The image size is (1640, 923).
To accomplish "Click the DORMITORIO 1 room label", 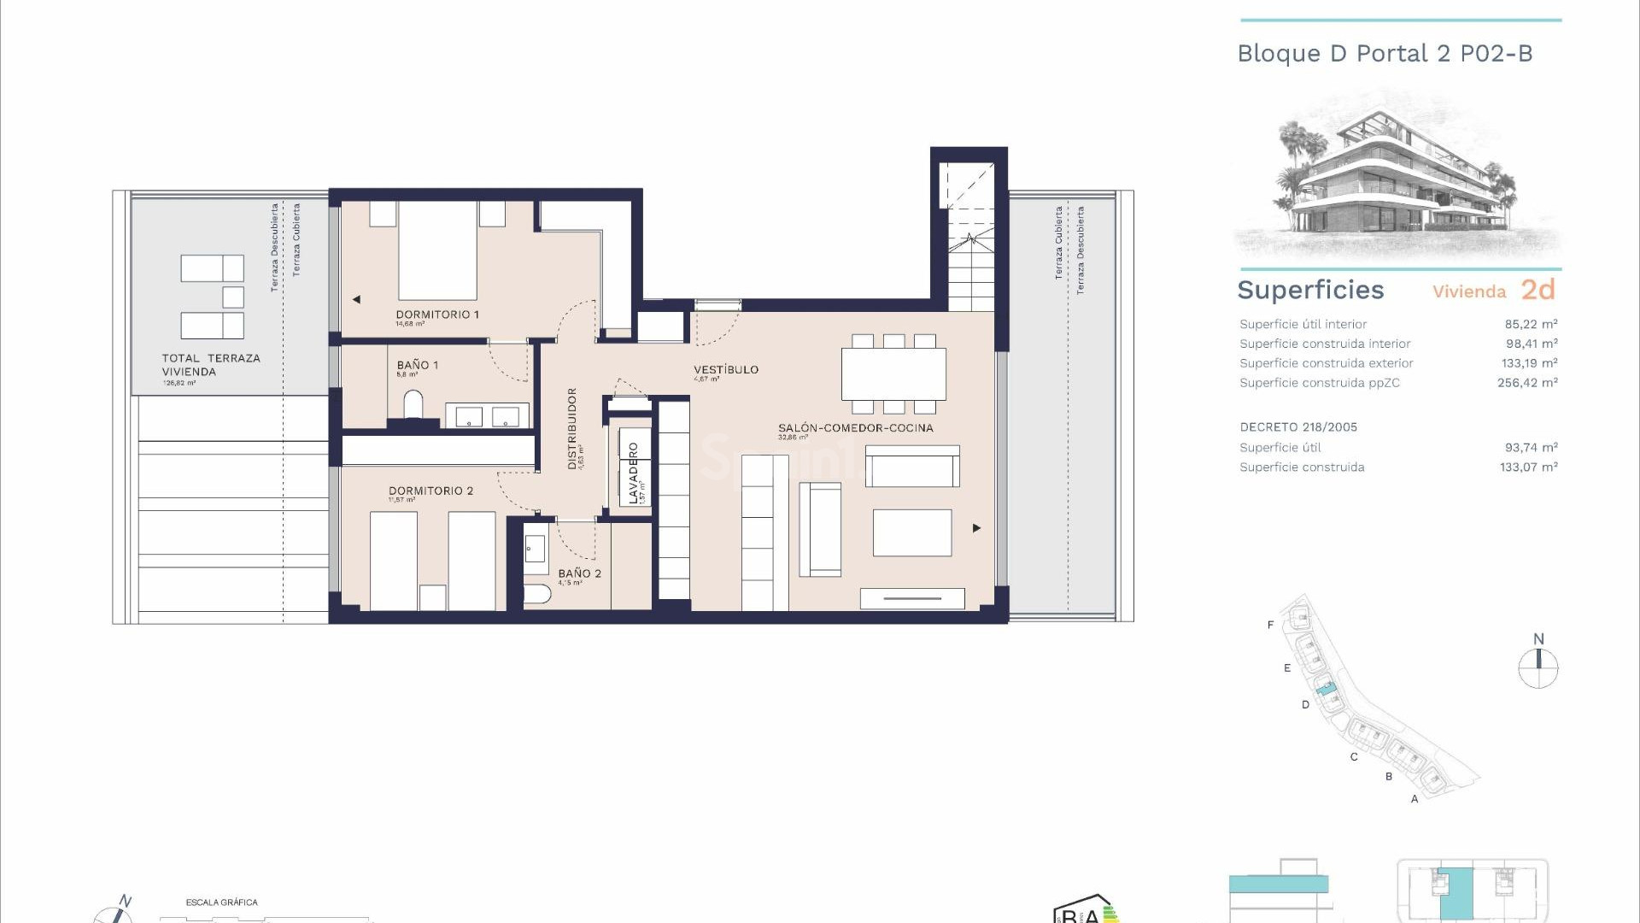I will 436,315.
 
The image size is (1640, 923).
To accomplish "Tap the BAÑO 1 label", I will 417,365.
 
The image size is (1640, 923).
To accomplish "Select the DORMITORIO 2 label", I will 430,491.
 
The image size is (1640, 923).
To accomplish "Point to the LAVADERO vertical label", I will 634,473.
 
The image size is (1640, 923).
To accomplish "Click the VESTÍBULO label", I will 725,369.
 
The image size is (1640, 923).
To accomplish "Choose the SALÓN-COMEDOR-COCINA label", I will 855,427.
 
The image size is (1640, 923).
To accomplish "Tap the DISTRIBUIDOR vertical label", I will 572,428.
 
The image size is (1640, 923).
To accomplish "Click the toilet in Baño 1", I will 413,405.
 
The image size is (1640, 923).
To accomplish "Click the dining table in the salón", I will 893,374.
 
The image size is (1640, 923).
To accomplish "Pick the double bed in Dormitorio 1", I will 437,250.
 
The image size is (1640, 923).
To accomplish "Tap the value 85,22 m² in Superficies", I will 1531,324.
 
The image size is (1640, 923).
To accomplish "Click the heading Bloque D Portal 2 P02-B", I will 1385,54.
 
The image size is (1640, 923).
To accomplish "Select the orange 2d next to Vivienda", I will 1537,290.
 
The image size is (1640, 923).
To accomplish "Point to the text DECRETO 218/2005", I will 1297,427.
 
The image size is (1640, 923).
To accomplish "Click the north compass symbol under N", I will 1538,668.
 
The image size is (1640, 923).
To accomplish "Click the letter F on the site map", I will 1270,625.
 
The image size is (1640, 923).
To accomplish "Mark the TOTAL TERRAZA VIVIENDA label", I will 211,365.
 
